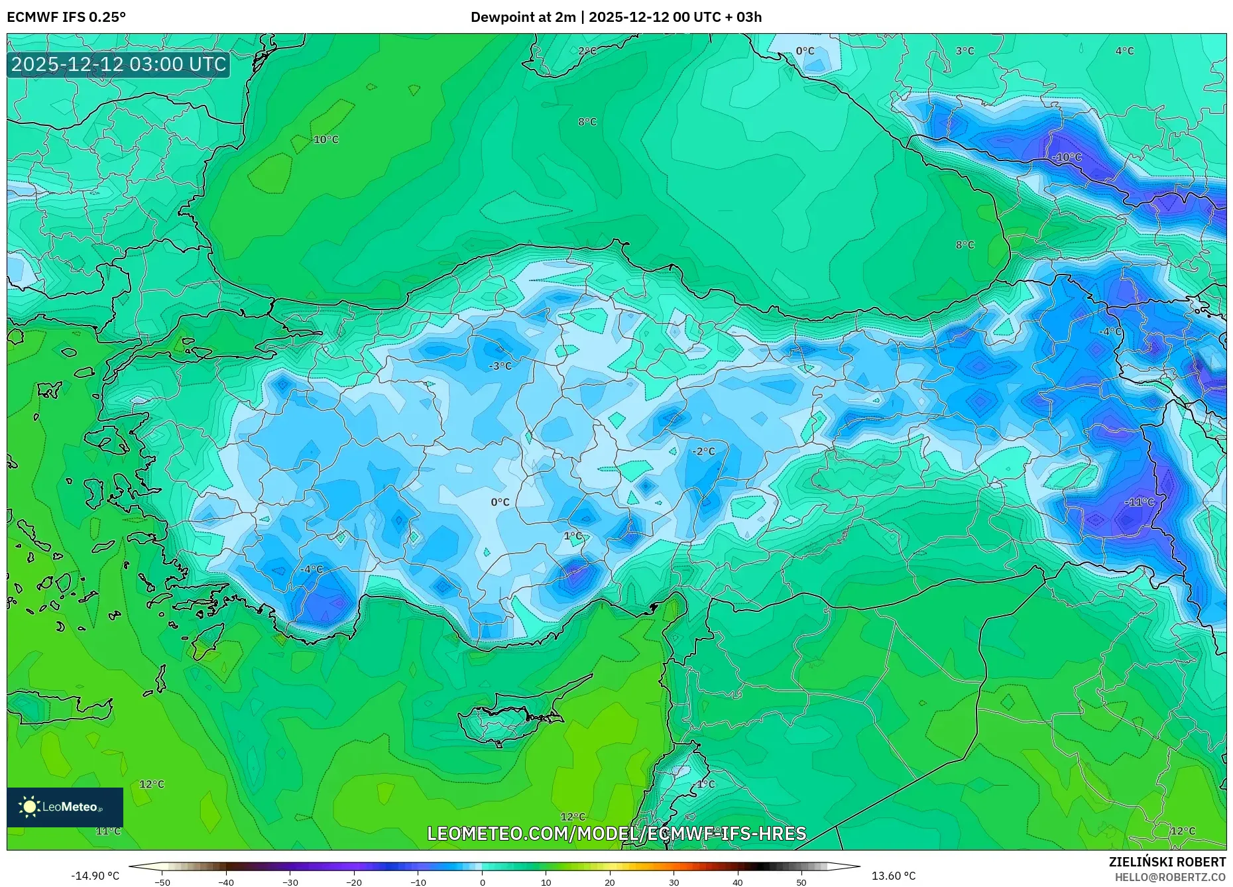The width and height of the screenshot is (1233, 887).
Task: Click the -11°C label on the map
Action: pos(1139,502)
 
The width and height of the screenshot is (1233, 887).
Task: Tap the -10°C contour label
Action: pos(1067,157)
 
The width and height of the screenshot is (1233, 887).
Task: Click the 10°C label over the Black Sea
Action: pos(325,140)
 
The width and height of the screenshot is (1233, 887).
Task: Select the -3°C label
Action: pos(500,366)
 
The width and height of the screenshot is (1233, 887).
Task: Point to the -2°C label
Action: pos(703,451)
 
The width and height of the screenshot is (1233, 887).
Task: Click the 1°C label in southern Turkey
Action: pos(573,536)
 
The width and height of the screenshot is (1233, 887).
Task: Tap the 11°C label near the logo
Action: pos(109,831)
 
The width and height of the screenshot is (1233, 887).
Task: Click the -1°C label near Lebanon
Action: pos(705,784)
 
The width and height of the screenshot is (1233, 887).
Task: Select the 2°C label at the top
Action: pos(587,51)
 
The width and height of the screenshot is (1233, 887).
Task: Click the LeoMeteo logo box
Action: pos(65,807)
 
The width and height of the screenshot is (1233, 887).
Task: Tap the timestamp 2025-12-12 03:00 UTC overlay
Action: pos(119,65)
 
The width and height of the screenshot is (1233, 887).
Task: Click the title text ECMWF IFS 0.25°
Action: pos(66,17)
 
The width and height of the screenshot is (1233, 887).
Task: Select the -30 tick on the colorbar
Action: pos(290,882)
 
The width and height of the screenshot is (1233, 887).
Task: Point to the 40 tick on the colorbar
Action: pos(738,882)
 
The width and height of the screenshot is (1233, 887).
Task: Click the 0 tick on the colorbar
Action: pos(482,882)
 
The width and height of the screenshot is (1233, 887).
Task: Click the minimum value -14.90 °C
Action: pos(95,876)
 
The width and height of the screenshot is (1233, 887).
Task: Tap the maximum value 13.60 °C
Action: pos(893,876)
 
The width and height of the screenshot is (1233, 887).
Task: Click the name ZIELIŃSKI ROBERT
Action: pos(1167,862)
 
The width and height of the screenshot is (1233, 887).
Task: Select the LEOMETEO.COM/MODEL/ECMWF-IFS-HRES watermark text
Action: pos(616,833)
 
